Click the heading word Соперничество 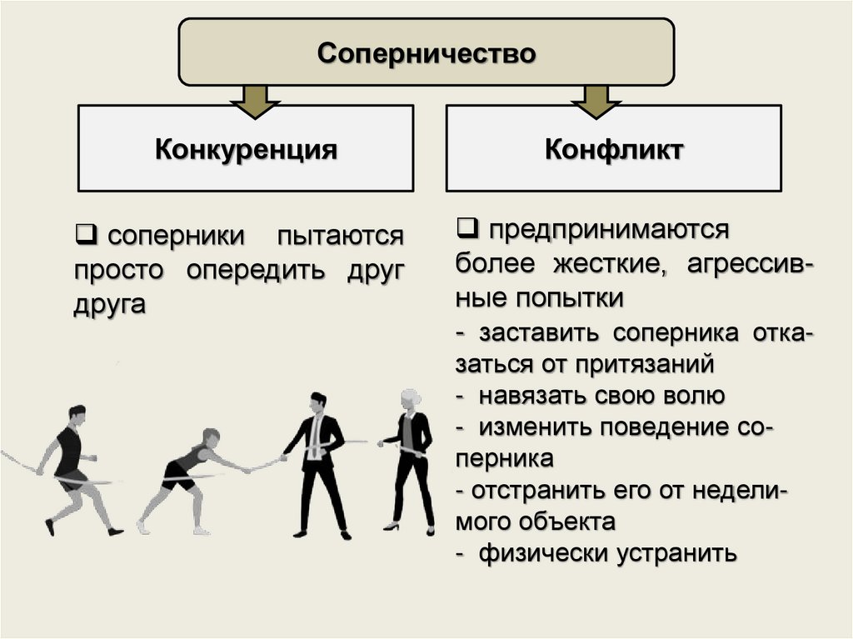[426, 54]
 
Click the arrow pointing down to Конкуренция [247, 100]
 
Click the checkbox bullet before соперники [85, 234]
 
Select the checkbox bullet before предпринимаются [466, 226]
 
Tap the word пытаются [340, 236]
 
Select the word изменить [531, 427]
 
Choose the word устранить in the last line [677, 552]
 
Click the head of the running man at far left [77, 414]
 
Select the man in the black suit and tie [317, 462]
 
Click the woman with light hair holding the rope [411, 458]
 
